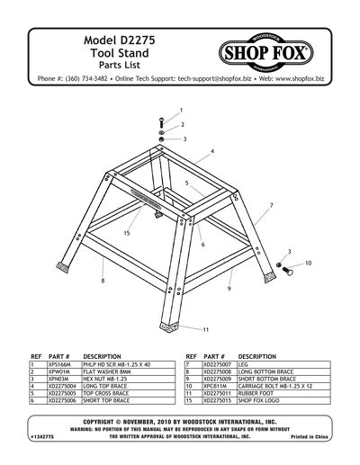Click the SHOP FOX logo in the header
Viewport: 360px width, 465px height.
coord(271,52)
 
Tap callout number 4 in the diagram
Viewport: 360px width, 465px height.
coord(211,152)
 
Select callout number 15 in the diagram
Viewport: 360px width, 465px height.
coord(127,233)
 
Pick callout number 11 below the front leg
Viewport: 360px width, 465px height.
coord(206,330)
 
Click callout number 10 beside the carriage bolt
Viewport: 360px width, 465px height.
coord(308,263)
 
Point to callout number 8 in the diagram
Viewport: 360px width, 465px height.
coord(103,282)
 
